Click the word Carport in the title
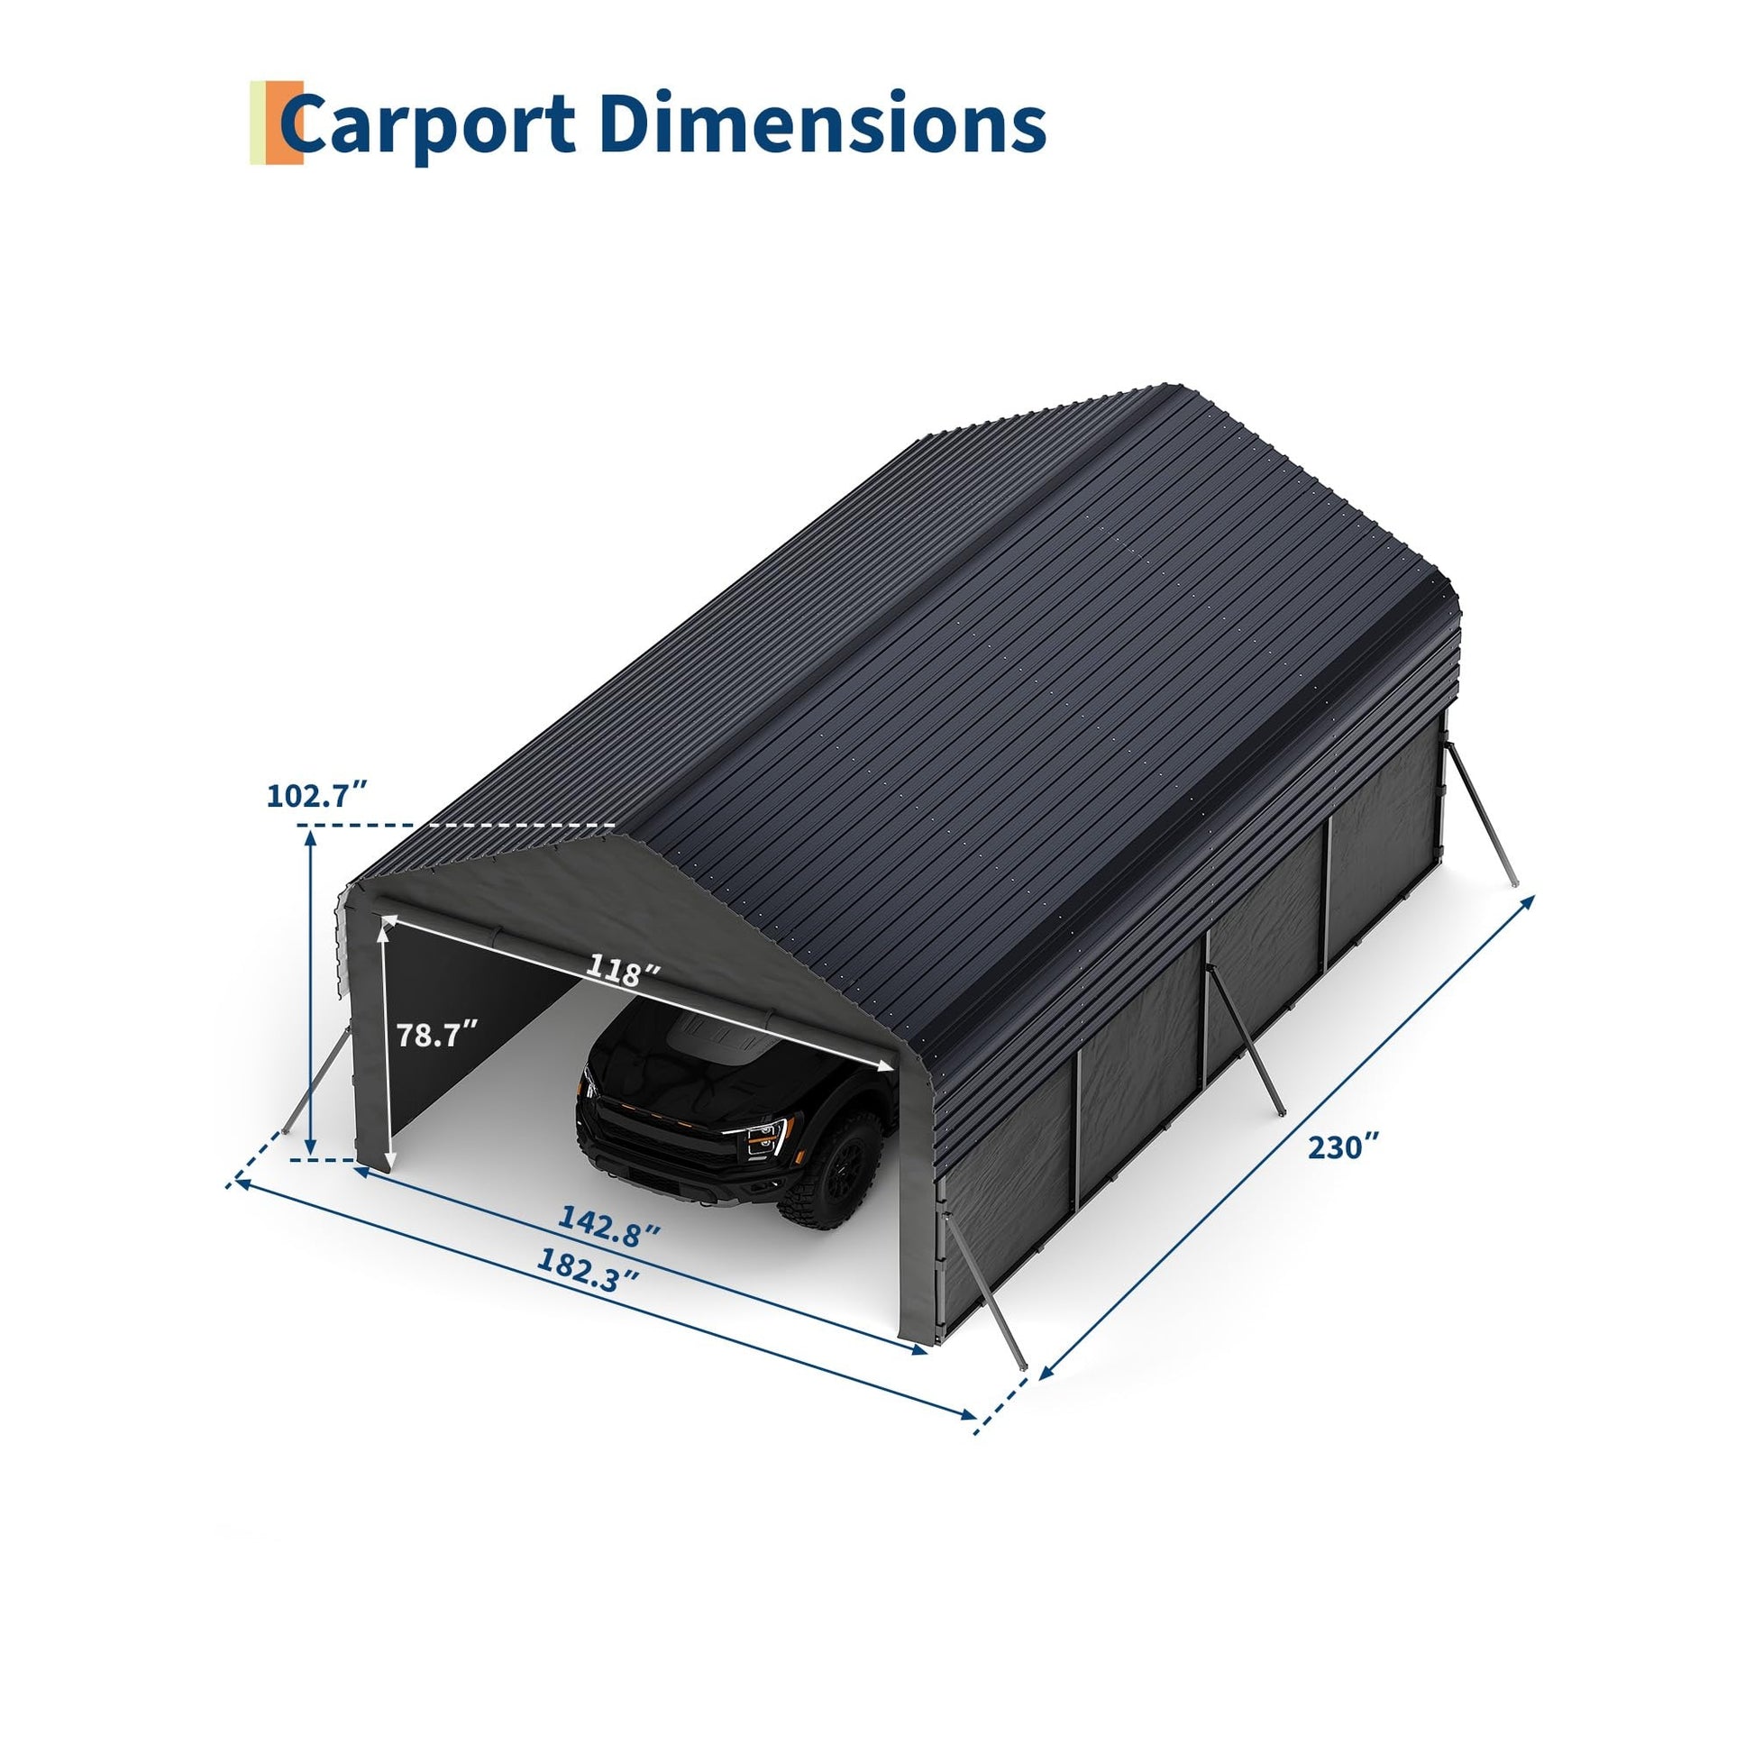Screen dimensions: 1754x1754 tap(427, 125)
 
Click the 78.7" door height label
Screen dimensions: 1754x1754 tap(437, 1034)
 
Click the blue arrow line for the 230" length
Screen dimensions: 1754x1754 tap(1285, 1150)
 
